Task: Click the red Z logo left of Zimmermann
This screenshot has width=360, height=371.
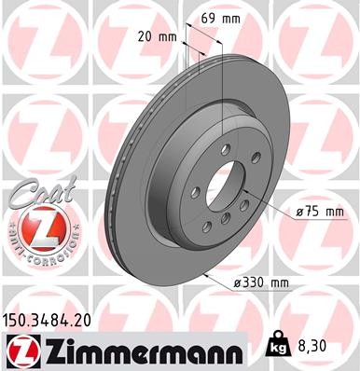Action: pyautogui.click(x=20, y=350)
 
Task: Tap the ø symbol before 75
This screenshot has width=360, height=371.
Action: pyautogui.click(x=299, y=213)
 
